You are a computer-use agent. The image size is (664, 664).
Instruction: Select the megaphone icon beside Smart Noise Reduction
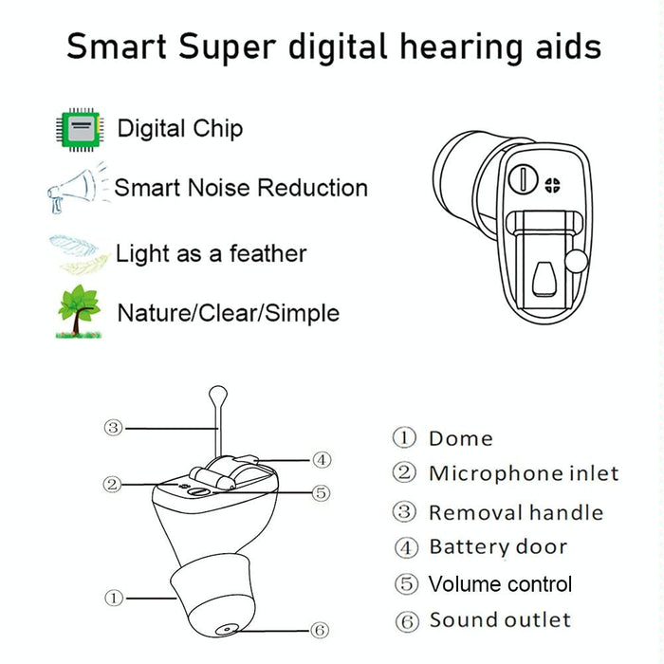click(75, 187)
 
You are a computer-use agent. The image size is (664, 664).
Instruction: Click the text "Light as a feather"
click(211, 254)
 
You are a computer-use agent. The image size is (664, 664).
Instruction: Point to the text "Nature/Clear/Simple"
click(228, 313)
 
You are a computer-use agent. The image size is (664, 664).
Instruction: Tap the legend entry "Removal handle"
click(515, 513)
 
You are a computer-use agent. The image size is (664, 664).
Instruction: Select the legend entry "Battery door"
click(498, 547)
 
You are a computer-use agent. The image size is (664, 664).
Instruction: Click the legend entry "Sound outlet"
click(500, 621)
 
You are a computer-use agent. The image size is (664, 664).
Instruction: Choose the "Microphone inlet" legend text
click(523, 473)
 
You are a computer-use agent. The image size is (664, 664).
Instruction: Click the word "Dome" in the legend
click(461, 438)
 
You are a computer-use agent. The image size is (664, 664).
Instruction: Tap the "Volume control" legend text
click(500, 584)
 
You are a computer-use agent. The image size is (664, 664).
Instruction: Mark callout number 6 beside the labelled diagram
click(321, 631)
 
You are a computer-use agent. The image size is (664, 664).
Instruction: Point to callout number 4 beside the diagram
click(322, 460)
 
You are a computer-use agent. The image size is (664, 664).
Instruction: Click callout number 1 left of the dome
click(114, 598)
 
